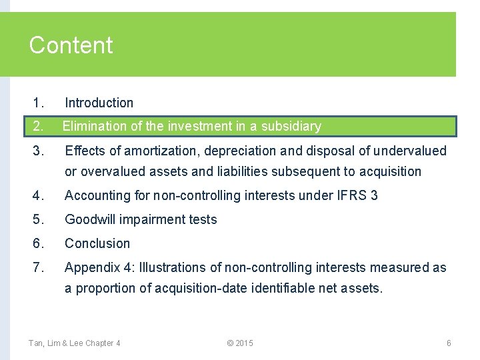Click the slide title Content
click(71, 45)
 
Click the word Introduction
click(99, 103)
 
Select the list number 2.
click(37, 126)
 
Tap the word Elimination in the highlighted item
click(94, 126)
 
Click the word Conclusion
click(97, 243)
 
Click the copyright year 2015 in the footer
click(244, 343)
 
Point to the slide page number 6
click(449, 343)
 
